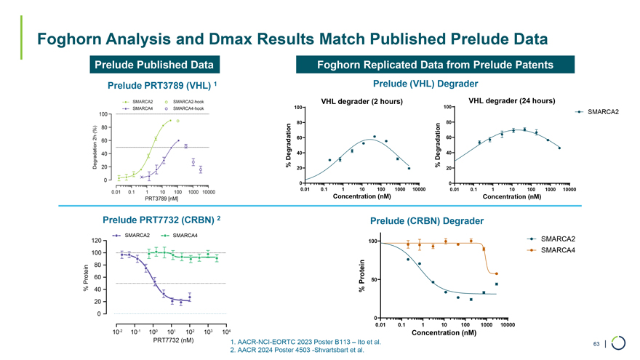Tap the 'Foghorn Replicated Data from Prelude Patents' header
435,65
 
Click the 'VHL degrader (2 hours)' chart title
361,101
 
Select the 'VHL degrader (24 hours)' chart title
512,100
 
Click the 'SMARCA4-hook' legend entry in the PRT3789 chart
182,108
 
